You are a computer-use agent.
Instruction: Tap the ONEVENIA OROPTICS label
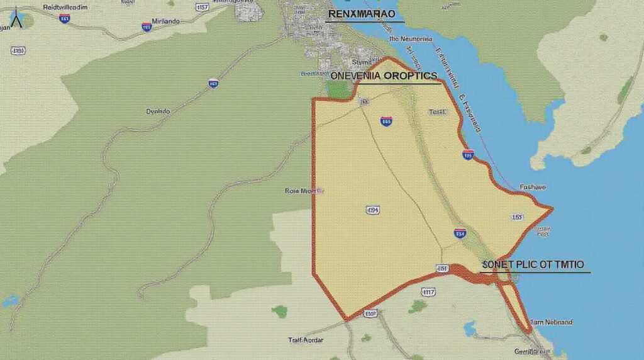point(383,76)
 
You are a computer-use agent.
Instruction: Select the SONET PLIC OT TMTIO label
point(533,264)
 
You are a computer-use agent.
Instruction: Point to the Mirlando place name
point(162,21)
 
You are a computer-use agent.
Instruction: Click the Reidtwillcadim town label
point(56,6)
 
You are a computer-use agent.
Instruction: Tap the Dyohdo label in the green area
point(157,111)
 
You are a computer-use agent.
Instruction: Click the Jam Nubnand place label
point(551,322)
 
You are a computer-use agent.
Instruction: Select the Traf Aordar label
point(305,340)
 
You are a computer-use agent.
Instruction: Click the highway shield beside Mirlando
point(147,27)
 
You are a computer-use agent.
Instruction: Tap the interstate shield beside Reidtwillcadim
point(64,18)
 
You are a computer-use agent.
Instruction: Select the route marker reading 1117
point(428,291)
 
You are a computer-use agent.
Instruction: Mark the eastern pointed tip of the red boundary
point(552,208)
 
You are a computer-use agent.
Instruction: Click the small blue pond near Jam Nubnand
point(469,328)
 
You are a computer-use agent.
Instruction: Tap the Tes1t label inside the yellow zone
point(437,112)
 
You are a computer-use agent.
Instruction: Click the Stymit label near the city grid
point(362,62)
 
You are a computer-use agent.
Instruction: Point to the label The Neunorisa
point(411,39)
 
